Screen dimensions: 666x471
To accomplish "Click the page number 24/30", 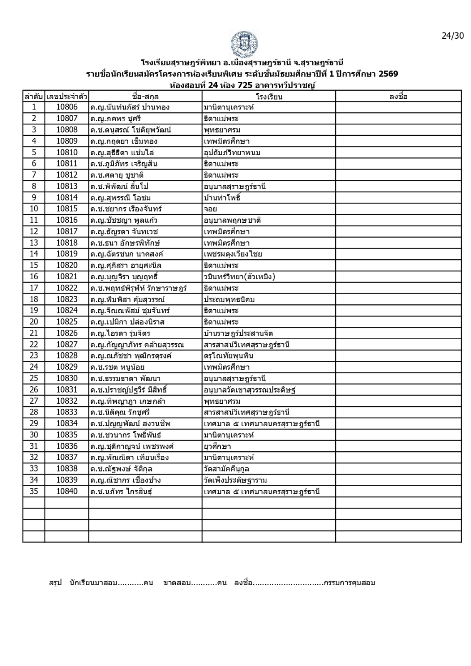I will click(x=452, y=36).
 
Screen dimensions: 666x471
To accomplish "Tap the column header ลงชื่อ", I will click(x=398, y=97).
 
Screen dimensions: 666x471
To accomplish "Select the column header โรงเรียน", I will click(x=269, y=97).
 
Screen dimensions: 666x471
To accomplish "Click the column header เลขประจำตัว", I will click(x=67, y=97).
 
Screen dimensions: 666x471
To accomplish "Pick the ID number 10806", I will click(x=67, y=107).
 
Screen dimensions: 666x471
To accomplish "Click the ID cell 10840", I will click(x=67, y=491).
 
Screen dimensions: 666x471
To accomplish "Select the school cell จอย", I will click(x=210, y=209).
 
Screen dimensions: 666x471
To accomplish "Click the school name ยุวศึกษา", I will click(x=217, y=446).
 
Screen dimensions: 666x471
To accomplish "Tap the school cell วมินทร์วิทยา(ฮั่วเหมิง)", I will click(x=239, y=277).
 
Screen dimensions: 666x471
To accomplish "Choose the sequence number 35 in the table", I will click(x=34, y=491).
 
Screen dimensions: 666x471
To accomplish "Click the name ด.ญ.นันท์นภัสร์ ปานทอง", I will click(x=130, y=107).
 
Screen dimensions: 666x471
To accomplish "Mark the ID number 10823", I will click(x=67, y=299).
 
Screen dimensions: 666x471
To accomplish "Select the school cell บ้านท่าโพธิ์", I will click(x=222, y=198).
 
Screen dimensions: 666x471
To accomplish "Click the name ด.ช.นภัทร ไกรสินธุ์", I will click(x=121, y=492).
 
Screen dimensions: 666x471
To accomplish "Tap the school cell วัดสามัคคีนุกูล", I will click(x=227, y=469).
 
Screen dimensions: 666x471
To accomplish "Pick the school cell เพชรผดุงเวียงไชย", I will click(x=233, y=254).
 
